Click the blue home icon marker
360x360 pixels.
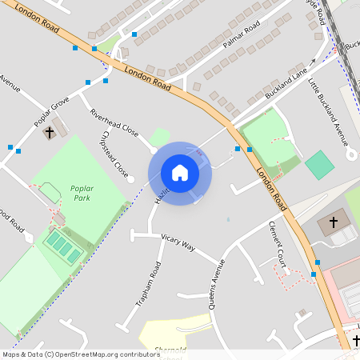(180, 173)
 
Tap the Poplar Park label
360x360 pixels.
(82, 191)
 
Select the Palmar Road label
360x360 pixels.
(243, 36)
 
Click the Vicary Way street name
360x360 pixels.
(178, 242)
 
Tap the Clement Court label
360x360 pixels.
(278, 243)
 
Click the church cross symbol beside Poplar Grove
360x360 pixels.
(50, 131)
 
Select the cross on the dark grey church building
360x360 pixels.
(334, 222)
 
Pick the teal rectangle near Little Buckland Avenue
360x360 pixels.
(319, 165)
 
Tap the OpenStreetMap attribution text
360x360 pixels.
(80, 354)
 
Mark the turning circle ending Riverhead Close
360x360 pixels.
(154, 150)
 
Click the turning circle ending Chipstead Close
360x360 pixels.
(130, 179)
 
